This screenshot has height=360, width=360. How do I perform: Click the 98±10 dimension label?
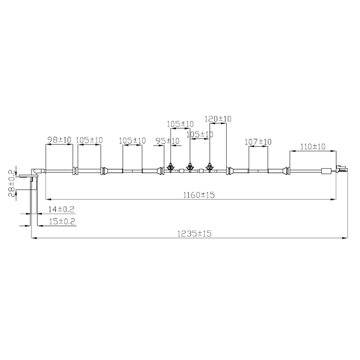(x=58, y=139)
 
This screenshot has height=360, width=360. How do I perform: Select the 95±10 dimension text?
(x=167, y=141)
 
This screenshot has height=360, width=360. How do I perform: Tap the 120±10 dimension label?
(x=218, y=119)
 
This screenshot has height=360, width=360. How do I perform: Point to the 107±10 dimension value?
(x=258, y=142)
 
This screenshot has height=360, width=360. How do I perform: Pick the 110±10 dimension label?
(x=313, y=147)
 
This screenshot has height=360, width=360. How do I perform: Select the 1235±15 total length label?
(x=192, y=233)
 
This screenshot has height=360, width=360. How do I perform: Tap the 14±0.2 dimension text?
(x=61, y=209)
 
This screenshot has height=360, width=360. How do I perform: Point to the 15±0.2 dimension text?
(x=62, y=222)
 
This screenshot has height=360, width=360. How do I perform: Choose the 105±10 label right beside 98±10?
(x=89, y=139)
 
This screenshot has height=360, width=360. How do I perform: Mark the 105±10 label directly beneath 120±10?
(x=200, y=134)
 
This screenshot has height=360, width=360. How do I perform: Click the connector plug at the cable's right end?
(x=341, y=168)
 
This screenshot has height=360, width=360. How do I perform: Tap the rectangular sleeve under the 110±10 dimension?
(x=325, y=171)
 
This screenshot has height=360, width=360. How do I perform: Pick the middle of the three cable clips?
(x=190, y=167)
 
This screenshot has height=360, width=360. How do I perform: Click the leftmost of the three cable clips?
(x=169, y=167)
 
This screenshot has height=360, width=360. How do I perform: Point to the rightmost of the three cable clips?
(x=209, y=167)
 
